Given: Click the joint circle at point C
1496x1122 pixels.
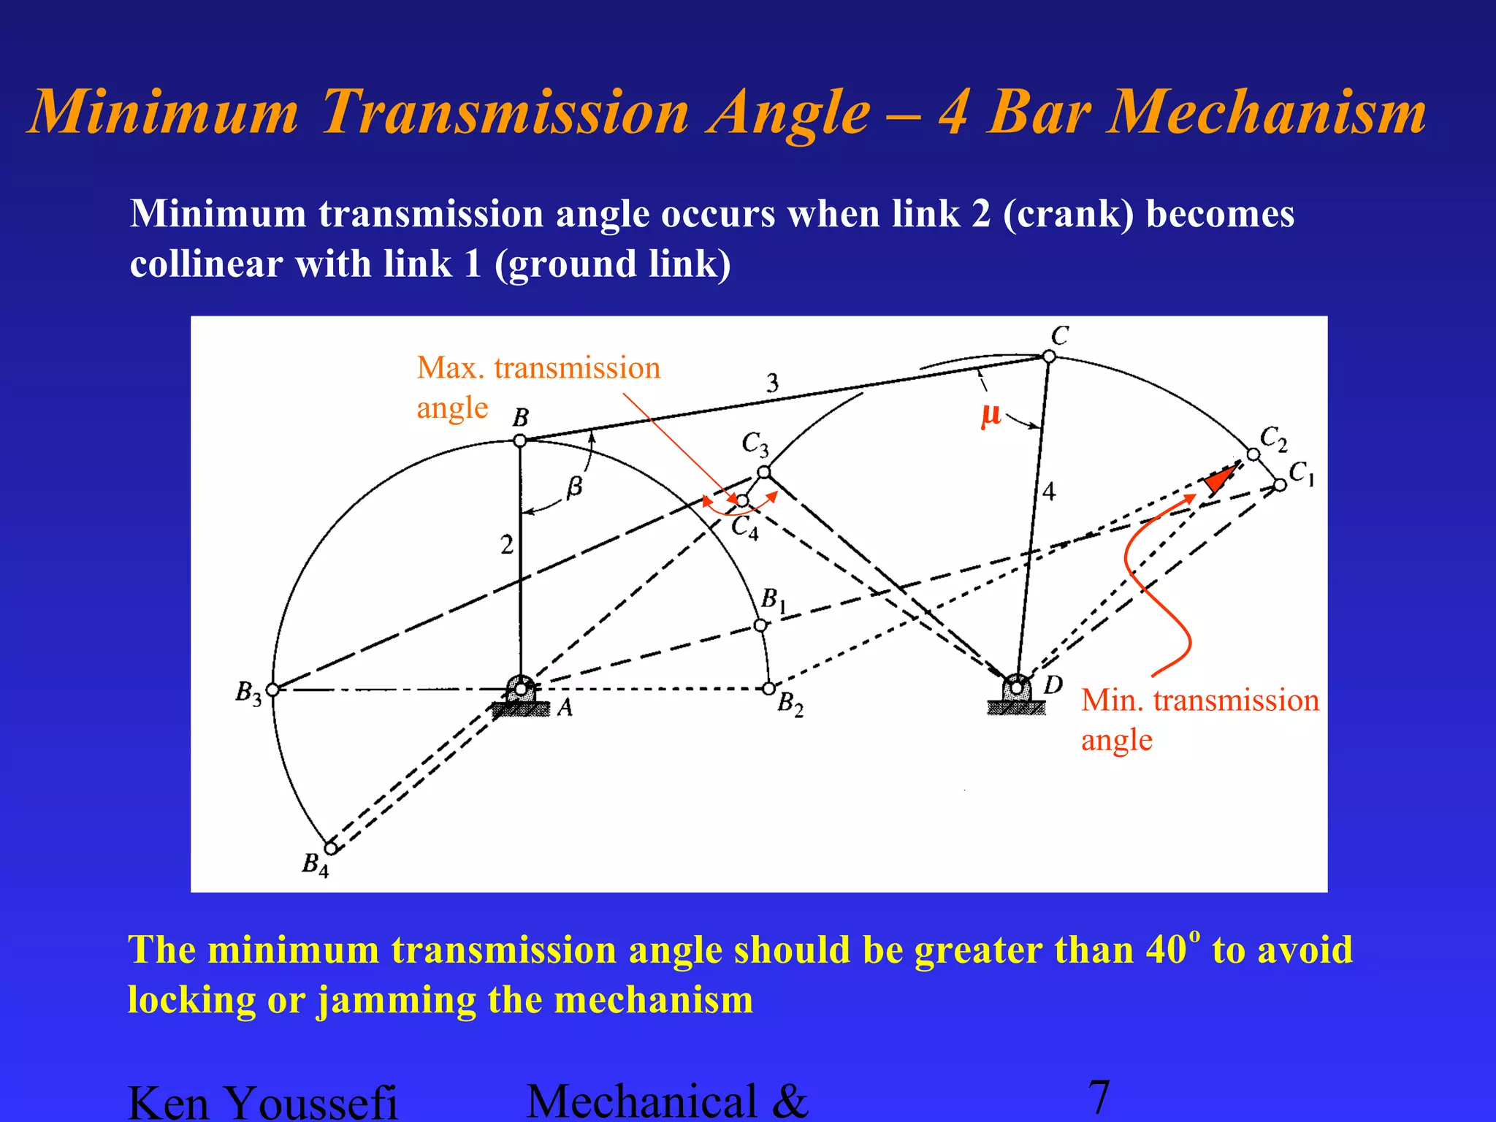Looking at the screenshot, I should (1049, 356).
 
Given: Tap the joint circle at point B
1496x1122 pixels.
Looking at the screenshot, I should (519, 440).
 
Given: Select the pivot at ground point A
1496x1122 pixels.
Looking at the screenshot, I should (520, 689).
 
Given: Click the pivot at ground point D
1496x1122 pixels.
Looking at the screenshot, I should (1016, 687).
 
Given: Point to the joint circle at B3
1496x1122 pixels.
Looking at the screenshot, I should (272, 690).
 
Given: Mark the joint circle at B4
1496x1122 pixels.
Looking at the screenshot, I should (331, 848).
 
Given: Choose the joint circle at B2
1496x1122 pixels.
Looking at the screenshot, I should (768, 689).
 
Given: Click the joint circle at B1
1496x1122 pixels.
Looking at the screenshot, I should (760, 625).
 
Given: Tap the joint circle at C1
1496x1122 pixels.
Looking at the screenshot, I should (1280, 485).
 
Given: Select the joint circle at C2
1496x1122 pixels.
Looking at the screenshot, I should (1253, 454).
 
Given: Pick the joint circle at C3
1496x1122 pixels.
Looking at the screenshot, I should (763, 473).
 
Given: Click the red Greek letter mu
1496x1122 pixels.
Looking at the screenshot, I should (990, 415).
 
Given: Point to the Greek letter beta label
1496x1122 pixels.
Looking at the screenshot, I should (576, 486).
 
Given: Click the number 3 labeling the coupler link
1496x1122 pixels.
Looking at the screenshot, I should (772, 383).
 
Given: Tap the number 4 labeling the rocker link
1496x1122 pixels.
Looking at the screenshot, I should (1049, 492).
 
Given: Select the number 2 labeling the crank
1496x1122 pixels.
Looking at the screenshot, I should (507, 545).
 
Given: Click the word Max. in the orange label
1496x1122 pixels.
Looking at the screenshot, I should (451, 368).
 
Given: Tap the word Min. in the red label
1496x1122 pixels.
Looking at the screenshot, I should (1113, 701).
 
